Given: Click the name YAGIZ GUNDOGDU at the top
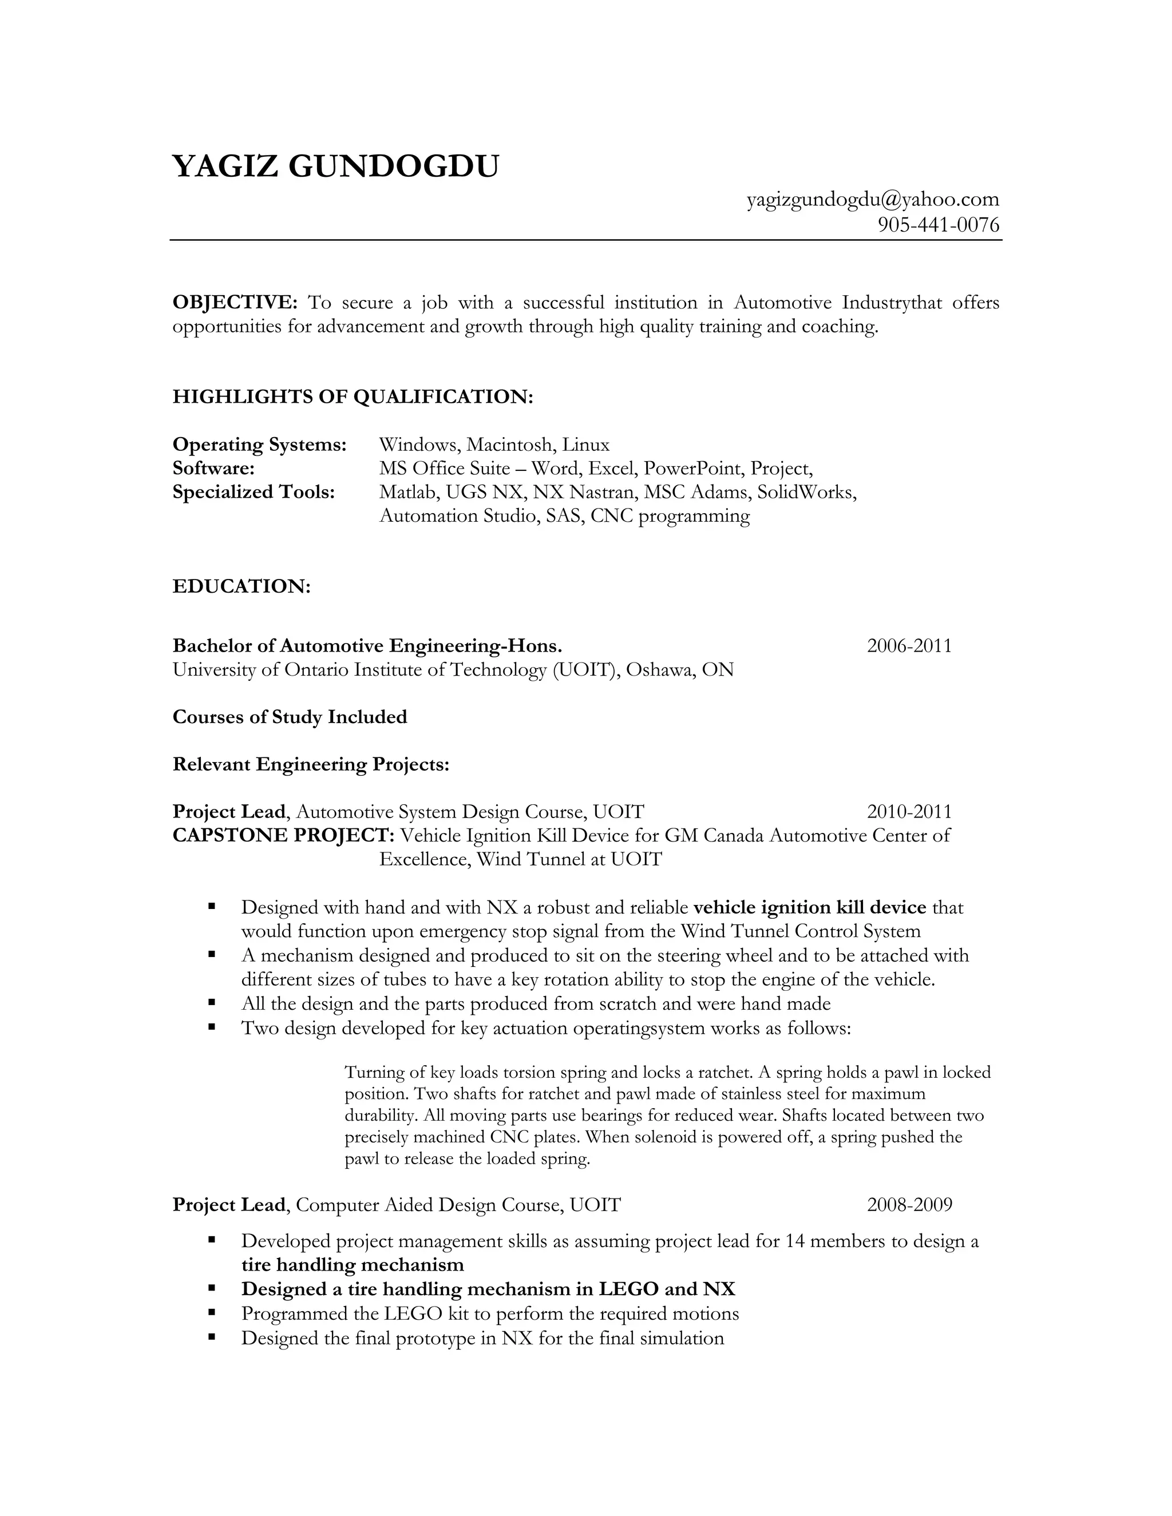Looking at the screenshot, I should [335, 166].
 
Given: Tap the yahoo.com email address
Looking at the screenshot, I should [873, 200].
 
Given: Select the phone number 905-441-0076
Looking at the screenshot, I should [939, 225].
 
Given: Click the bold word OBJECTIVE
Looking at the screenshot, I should [235, 303].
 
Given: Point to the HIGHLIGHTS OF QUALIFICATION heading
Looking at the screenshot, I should [353, 397].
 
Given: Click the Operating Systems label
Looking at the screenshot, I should [259, 445].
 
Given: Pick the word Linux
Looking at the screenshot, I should [585, 445].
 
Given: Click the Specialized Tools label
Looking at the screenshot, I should [254, 492].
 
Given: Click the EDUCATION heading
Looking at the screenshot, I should [241, 586].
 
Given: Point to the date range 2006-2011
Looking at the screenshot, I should [909, 646].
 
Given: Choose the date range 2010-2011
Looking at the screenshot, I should [909, 811].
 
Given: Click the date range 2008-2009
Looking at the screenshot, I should [909, 1204].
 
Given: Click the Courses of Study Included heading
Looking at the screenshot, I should [290, 717].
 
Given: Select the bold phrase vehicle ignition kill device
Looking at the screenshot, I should [810, 908].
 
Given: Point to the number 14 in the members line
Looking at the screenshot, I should [795, 1241].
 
